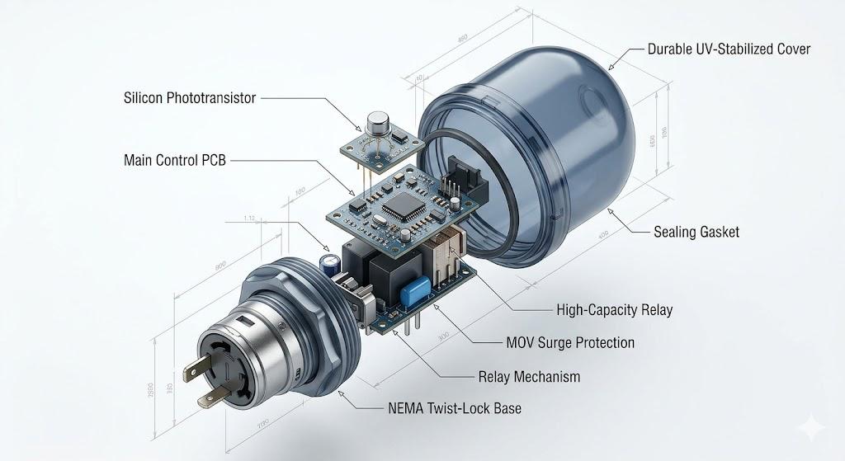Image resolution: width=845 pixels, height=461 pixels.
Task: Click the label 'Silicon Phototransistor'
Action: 189,98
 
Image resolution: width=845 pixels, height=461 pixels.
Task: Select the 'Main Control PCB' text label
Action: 173,159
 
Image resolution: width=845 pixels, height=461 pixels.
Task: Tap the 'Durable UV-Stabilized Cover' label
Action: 729,49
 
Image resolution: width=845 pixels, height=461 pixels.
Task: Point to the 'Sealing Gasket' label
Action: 696,232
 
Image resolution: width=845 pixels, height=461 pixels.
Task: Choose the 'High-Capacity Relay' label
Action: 615,310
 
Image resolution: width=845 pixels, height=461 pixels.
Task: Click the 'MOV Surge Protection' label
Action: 570,341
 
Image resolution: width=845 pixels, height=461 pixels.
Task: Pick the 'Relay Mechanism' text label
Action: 529,377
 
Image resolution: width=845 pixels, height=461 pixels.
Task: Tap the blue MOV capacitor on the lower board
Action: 415,290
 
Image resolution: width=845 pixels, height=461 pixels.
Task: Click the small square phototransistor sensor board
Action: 376,147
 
